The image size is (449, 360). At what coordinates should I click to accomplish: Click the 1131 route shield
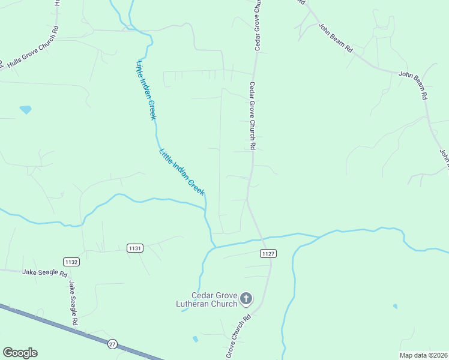point(135,248)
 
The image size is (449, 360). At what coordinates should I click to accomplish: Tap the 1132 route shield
point(71,262)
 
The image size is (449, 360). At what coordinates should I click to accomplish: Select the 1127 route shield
point(268,254)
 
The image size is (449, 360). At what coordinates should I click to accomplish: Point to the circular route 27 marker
point(112,344)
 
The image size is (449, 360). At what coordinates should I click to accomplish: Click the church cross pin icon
point(246,298)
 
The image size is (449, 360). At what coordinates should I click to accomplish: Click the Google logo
point(20,353)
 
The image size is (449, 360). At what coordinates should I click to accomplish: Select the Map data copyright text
point(424,355)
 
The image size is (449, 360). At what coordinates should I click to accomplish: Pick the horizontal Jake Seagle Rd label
point(44,272)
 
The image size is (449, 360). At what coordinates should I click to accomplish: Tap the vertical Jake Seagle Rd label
point(73,303)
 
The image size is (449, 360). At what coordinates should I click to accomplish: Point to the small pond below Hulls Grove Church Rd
point(25,110)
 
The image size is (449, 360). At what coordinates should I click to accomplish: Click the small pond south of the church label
point(195,339)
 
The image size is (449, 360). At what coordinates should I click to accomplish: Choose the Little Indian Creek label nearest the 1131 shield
point(182,171)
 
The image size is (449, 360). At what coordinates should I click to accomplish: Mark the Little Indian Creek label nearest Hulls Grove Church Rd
point(146,90)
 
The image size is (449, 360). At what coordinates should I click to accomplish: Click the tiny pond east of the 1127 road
point(394,307)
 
